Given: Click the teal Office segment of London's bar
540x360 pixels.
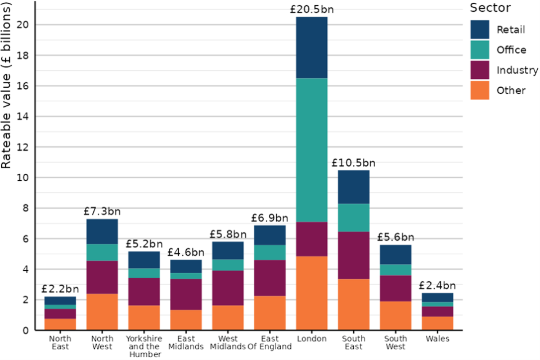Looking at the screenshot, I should point(312,150).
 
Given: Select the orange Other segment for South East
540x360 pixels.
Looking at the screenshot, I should point(354,304).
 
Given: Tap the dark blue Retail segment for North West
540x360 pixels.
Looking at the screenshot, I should point(102,231).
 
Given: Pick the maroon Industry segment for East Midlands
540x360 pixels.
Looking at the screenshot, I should point(186,294).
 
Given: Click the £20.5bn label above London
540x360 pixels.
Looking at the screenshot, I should point(312,10).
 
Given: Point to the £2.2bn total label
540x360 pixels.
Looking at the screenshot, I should point(60,290).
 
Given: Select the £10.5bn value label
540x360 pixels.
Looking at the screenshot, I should point(353,163).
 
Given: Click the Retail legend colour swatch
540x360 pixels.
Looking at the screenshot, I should point(480,29).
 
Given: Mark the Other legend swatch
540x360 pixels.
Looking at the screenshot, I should point(480,90).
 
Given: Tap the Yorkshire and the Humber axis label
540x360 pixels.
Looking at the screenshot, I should point(144,346).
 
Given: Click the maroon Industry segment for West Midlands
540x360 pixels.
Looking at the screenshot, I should point(228,288).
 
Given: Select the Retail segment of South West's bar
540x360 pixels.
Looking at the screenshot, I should point(395,254).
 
